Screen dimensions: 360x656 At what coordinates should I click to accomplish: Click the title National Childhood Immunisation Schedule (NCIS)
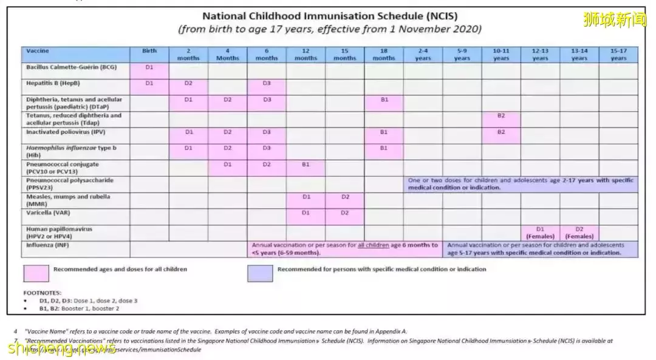click(x=330, y=16)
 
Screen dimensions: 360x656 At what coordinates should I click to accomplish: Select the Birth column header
click(x=149, y=52)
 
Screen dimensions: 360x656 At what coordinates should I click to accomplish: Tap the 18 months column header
click(x=384, y=55)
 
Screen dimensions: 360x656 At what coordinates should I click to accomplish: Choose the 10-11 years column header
click(x=501, y=55)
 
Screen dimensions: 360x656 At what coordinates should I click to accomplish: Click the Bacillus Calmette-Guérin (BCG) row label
click(x=71, y=67)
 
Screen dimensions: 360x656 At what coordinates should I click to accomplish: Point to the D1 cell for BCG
click(x=149, y=67)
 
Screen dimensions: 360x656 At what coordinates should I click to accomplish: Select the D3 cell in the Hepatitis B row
click(x=267, y=83)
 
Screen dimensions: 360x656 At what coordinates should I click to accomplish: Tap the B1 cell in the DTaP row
click(x=384, y=100)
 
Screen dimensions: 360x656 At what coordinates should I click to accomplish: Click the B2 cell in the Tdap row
click(x=501, y=115)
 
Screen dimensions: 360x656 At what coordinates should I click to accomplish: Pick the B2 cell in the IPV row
click(x=501, y=132)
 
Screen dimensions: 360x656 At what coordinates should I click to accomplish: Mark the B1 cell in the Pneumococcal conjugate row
click(x=306, y=164)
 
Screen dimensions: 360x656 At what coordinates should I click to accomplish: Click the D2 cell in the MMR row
click(x=345, y=197)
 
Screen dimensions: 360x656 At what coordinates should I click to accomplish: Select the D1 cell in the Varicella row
click(x=306, y=213)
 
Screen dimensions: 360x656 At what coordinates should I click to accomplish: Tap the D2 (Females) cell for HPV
click(x=579, y=233)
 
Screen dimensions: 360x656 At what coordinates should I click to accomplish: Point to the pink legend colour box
click(x=36, y=273)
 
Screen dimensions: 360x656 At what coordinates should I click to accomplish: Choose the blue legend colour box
click(x=260, y=273)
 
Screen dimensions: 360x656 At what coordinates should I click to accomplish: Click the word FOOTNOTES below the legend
click(x=43, y=293)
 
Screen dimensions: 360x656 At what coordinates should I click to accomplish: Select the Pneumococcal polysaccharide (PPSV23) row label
click(x=70, y=184)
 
